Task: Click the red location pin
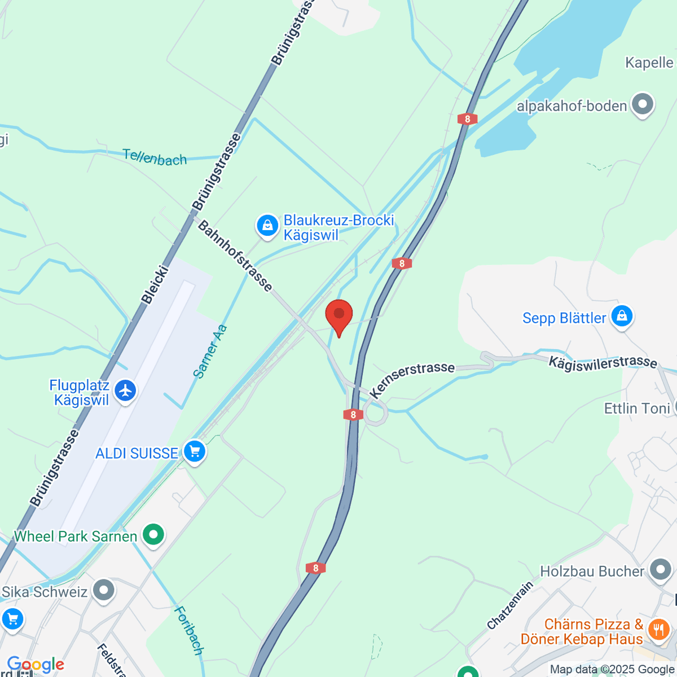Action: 339,316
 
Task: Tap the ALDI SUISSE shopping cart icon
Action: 195,452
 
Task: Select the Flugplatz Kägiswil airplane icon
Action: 125,390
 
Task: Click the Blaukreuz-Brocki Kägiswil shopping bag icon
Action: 267,226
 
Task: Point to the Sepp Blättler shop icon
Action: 622,316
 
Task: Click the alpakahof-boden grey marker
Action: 642,104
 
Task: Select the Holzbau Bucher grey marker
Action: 660,570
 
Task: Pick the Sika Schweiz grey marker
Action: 103,591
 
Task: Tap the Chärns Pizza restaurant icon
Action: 658,629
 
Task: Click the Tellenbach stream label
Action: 155,157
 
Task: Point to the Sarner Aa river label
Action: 210,351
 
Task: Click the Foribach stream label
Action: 188,630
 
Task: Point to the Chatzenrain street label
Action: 510,605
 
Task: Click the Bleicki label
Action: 155,285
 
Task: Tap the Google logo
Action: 36,665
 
